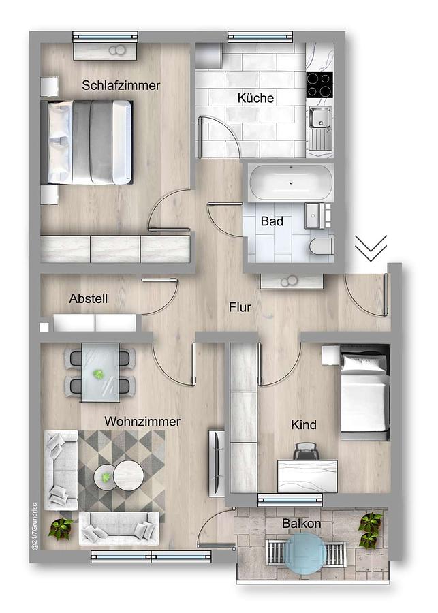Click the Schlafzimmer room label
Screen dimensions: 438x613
pos(121,86)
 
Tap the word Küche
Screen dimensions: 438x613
pos(255,97)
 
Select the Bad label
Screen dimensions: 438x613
pos(272,221)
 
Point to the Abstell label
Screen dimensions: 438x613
pos(89,299)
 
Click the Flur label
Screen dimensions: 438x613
pos(240,307)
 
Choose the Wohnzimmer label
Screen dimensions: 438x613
pos(142,422)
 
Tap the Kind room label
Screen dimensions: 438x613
pos(304,424)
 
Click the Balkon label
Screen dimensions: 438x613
pos(302,524)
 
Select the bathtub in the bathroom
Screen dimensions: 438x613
pos(292,183)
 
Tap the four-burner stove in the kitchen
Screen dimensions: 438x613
pos(319,85)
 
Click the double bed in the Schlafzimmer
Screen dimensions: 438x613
pos(87,142)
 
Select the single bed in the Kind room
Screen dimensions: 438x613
pos(365,392)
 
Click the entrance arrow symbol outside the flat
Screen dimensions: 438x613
pos(371,248)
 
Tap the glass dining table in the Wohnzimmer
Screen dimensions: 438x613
pos(100,373)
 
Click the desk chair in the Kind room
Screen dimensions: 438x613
pos(307,451)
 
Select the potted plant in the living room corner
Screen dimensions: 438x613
pos(61,528)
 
